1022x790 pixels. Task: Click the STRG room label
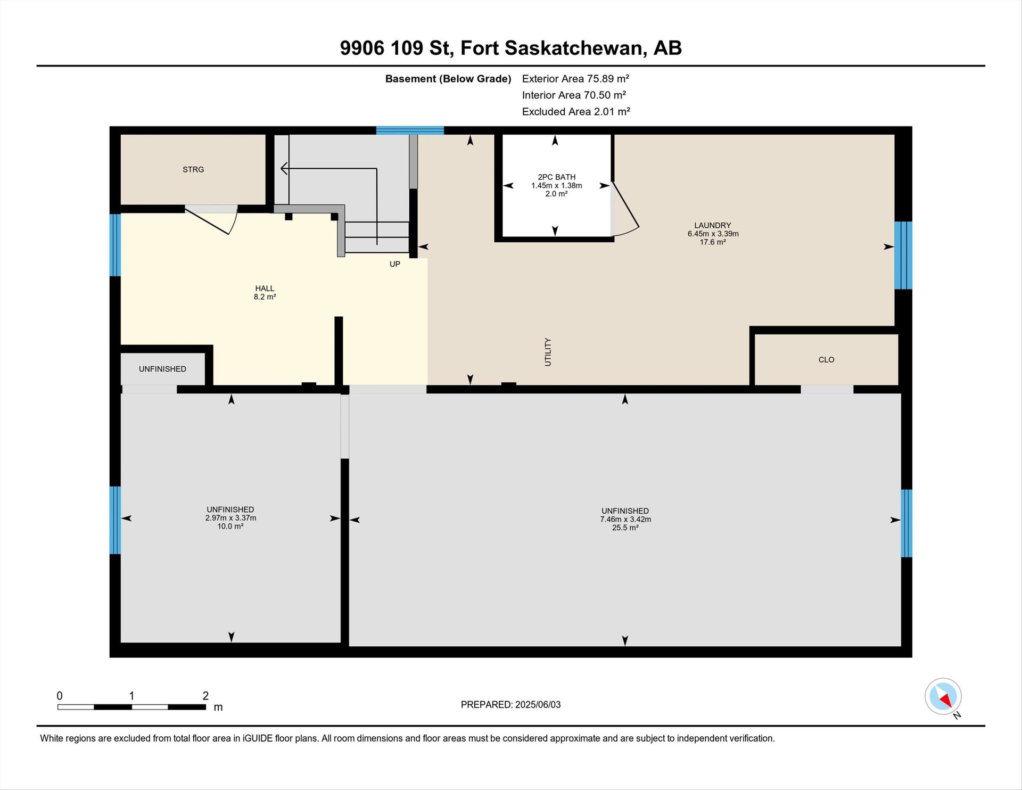(193, 169)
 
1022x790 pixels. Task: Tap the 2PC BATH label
(556, 177)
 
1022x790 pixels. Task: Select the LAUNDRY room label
(713, 225)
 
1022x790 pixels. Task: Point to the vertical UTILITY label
(548, 352)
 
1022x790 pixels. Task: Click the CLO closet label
(826, 360)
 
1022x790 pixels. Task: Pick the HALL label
(265, 289)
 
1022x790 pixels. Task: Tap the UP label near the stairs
(394, 264)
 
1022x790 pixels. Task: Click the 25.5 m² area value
(625, 528)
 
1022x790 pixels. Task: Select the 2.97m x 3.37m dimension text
(230, 518)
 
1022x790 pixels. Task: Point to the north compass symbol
(943, 696)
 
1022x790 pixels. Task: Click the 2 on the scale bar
(205, 696)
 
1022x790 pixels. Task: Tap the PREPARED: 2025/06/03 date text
(510, 705)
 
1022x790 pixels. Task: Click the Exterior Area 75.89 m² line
(575, 79)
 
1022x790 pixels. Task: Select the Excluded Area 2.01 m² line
(576, 112)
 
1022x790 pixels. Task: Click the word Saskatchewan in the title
(576, 48)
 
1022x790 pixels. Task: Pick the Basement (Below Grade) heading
(448, 79)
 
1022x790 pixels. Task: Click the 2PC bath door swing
(625, 210)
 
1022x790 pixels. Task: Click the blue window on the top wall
(410, 130)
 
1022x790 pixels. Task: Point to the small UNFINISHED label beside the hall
(162, 369)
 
